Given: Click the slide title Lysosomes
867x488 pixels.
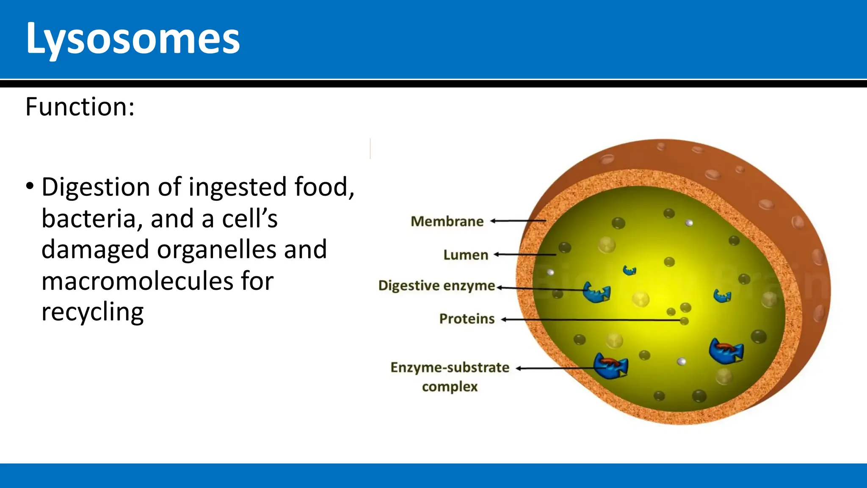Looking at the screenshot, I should [x=133, y=39].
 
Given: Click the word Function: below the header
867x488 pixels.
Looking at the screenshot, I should [x=80, y=107].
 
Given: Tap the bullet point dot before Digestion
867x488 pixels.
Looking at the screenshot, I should [x=30, y=186].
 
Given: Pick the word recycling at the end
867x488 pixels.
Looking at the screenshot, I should [x=92, y=312].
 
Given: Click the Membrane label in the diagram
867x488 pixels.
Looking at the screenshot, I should [x=447, y=222].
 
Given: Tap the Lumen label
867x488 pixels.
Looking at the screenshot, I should [x=466, y=255].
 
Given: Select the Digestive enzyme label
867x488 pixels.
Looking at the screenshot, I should [x=436, y=286].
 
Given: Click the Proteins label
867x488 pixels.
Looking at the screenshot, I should [x=467, y=319].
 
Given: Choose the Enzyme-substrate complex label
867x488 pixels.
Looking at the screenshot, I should [x=450, y=377].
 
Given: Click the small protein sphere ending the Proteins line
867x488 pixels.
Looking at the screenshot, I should [x=684, y=321].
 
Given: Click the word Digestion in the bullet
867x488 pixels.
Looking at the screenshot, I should [x=96, y=187].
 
